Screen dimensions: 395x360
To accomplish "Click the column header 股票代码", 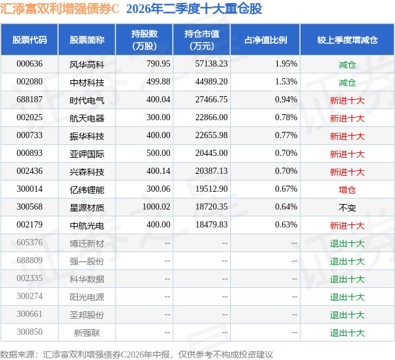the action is coord(30,39).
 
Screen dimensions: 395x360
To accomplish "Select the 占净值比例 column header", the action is coord(265,39).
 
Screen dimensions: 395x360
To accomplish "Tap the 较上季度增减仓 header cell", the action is coord(347,39).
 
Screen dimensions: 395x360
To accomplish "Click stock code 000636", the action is coord(30,64).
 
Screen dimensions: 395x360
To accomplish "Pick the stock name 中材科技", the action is coord(87,82).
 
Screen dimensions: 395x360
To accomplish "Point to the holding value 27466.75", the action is coord(211,100).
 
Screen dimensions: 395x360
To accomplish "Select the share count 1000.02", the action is coord(156,207).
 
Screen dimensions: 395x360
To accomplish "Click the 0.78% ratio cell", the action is coord(286,118).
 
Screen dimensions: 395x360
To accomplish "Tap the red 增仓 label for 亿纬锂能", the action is coord(347,189).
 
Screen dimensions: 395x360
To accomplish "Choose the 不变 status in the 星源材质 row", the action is coord(347,207).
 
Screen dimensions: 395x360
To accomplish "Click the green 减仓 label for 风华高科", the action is coord(347,65).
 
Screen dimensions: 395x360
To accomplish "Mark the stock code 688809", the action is coord(30,260).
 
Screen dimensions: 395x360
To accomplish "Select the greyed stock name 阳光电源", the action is coord(87,297).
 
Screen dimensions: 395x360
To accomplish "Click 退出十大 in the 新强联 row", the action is coord(347,333).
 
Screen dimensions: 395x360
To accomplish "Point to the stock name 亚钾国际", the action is coord(87,153).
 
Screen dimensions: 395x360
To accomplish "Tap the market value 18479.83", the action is coord(211,224).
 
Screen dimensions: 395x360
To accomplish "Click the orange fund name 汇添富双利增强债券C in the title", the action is coord(60,9).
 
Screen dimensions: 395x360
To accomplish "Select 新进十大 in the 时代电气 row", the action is coord(347,100).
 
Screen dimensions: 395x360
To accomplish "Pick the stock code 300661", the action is coord(30,314).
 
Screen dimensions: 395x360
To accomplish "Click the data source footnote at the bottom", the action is coord(136,354).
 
